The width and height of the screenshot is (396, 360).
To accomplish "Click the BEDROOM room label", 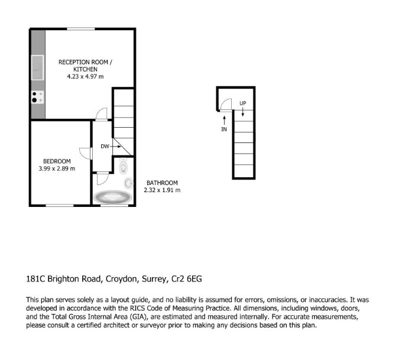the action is pos(57,161).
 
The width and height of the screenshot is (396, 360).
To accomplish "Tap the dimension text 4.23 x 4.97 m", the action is pos(85,76).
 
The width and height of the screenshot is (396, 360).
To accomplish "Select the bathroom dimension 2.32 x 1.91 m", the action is pos(162,190).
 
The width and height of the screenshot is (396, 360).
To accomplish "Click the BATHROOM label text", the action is pos(162,183).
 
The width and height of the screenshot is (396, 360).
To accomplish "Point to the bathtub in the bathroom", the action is pos(113,197).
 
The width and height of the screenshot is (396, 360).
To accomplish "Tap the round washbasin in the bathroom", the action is pos(129,183).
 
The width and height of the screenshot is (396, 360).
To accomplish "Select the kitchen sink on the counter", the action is pos(38,67).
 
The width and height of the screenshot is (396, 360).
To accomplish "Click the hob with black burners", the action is pos(38,98).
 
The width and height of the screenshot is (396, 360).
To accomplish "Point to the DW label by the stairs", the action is pos(105,146).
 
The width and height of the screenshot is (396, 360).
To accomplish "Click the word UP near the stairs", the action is pos(243,103).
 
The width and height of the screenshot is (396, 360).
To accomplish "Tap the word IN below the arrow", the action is pos(224,129).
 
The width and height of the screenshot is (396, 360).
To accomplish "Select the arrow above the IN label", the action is pos(224,120).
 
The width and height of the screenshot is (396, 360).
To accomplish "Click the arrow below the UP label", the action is pos(243,112).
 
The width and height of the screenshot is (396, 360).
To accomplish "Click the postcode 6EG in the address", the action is pos(194,278).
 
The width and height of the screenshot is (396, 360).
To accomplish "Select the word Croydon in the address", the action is pos(122,279).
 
